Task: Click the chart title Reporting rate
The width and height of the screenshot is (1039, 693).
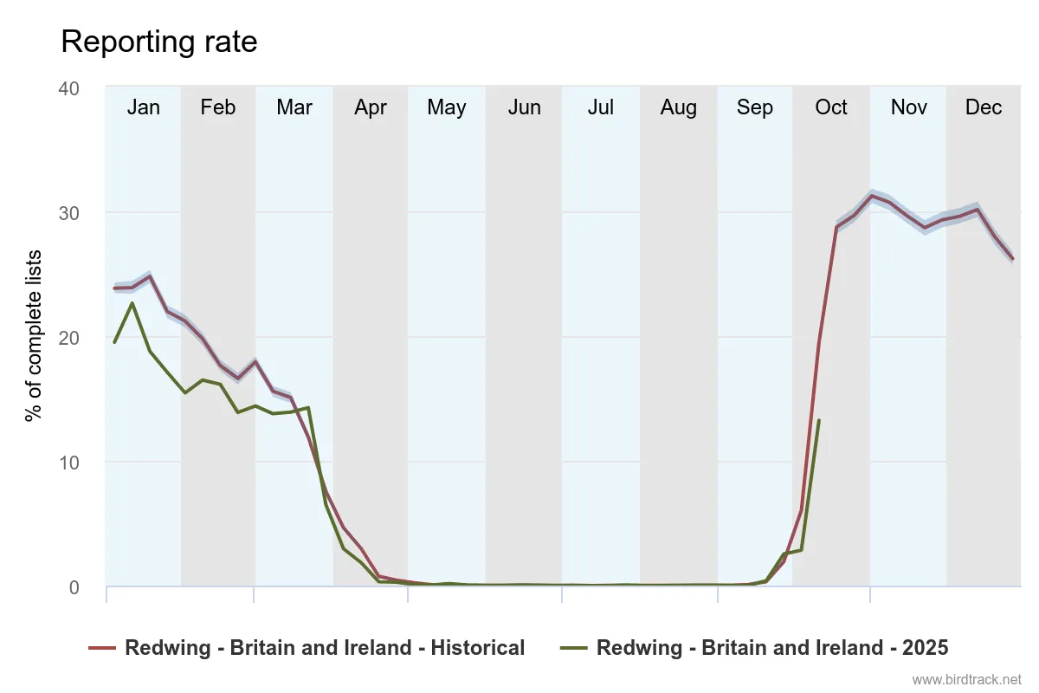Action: pyautogui.click(x=158, y=42)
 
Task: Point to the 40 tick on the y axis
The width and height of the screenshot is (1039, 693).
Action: pyautogui.click(x=68, y=88)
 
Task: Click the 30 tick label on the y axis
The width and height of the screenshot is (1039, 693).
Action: pyautogui.click(x=68, y=213)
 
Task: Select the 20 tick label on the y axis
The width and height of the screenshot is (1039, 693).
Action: pyautogui.click(x=68, y=338)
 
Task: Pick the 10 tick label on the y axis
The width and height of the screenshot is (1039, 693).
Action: pyautogui.click(x=68, y=463)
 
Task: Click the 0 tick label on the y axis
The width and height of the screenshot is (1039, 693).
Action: pyautogui.click(x=74, y=587)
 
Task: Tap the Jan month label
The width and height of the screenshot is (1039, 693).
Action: pyautogui.click(x=143, y=107)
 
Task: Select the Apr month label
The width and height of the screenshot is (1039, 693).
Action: pyautogui.click(x=371, y=107)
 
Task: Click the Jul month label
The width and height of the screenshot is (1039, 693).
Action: pyautogui.click(x=600, y=107)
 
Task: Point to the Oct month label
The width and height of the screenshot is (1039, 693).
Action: pyautogui.click(x=831, y=107)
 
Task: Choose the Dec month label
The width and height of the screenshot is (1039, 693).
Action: pyautogui.click(x=984, y=107)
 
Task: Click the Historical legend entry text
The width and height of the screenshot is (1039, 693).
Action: pyautogui.click(x=325, y=648)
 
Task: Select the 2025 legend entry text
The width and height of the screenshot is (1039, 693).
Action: pyautogui.click(x=772, y=648)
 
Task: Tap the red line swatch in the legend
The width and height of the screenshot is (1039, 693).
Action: pyautogui.click(x=102, y=648)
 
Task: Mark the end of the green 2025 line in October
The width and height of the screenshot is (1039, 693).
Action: pyautogui.click(x=819, y=420)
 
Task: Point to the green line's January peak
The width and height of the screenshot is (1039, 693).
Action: pyautogui.click(x=132, y=302)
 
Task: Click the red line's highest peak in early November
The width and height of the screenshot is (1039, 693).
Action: pyautogui.click(x=872, y=196)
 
